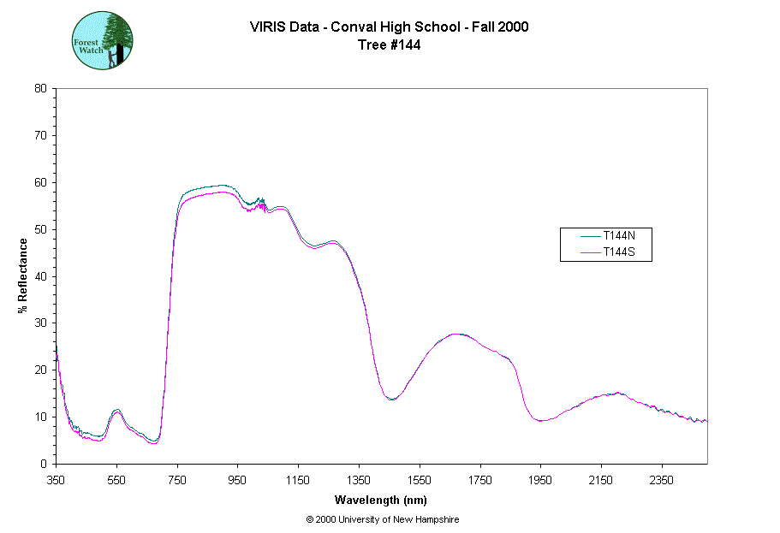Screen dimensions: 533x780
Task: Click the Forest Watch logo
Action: [x=102, y=40]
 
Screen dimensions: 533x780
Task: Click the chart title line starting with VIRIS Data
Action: [x=389, y=27]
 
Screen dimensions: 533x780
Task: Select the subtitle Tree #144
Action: [x=389, y=44]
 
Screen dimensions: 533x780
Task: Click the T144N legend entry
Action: [x=616, y=236]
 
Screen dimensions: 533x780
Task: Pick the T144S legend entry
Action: [x=616, y=252]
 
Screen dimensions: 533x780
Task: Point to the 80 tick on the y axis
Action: [x=40, y=88]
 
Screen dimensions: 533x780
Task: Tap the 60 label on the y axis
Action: [x=40, y=182]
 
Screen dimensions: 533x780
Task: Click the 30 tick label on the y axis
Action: [x=40, y=323]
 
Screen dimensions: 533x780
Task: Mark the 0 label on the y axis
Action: [x=44, y=464]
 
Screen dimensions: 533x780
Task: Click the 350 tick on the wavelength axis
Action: [x=56, y=480]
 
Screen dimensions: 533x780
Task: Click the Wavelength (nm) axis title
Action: [x=381, y=500]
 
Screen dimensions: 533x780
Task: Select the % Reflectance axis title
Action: [x=23, y=275]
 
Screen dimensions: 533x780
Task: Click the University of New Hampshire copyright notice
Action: [x=382, y=519]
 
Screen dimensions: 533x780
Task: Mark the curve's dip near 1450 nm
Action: [x=391, y=399]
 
